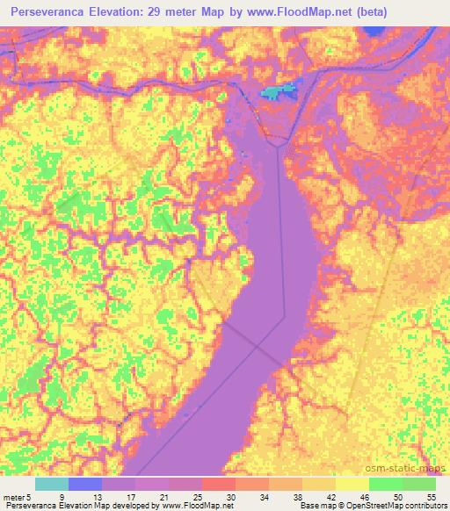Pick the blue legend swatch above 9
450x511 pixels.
point(86,484)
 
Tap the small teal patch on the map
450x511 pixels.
point(279,90)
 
